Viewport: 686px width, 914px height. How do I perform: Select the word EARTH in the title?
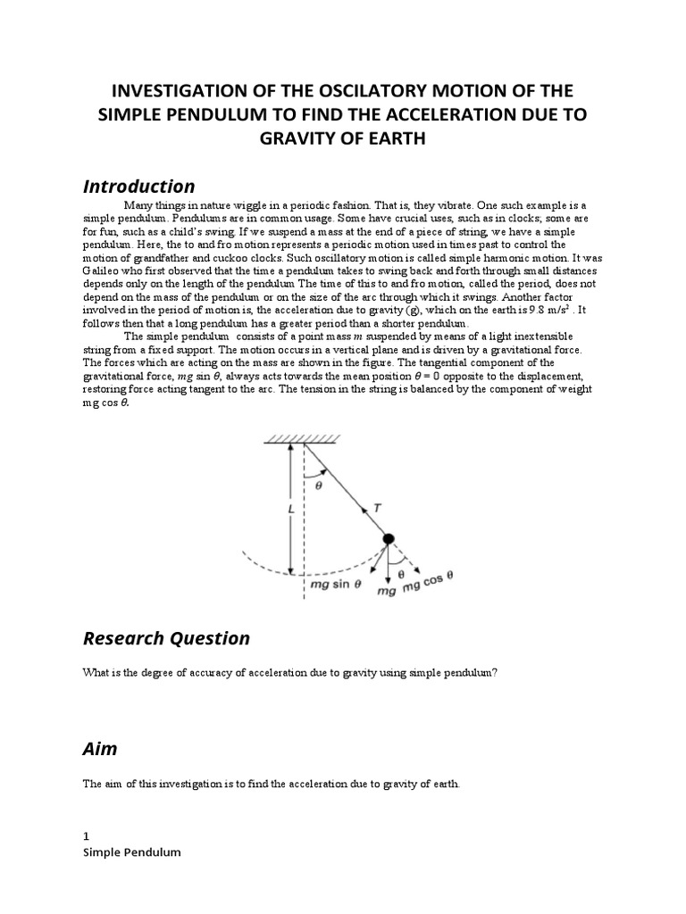click(x=396, y=140)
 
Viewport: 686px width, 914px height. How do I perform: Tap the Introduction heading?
click(x=138, y=187)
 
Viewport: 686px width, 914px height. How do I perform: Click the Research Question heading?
click(x=166, y=638)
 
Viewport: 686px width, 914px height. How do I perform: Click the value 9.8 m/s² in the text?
click(x=554, y=308)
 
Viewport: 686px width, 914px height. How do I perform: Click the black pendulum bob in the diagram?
click(x=389, y=538)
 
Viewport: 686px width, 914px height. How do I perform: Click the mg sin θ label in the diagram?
click(x=334, y=586)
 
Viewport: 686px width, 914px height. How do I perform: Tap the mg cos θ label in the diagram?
click(x=429, y=583)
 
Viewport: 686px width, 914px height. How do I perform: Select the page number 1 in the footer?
click(x=86, y=836)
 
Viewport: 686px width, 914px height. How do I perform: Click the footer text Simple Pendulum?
click(x=131, y=852)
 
